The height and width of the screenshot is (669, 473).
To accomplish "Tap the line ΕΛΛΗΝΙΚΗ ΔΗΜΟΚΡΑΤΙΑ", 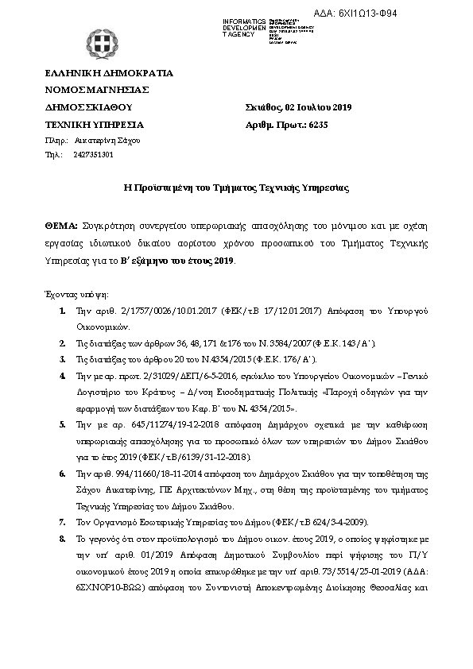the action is pos(109,73).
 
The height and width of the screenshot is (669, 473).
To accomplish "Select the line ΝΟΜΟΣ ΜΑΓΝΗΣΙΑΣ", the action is pos(97,90).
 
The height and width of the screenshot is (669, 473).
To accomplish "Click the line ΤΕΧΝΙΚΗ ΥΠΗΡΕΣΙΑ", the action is pos(95,125).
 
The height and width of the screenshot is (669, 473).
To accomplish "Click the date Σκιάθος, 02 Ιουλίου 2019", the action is pos(300,107).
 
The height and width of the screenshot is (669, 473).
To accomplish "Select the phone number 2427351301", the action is pos(93,154).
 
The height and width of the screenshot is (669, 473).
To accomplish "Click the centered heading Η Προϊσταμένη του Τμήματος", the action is pos(237,188).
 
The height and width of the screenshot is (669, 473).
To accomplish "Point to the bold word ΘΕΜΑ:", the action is pos(61,226).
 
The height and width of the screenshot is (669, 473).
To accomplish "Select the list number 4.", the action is pos(63,373).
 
